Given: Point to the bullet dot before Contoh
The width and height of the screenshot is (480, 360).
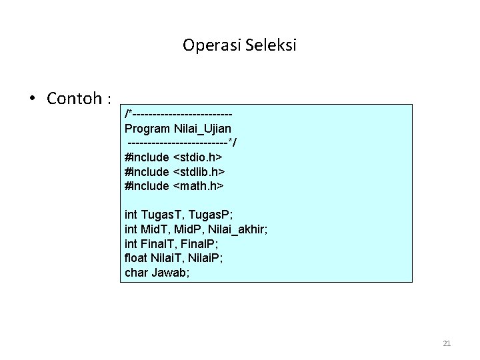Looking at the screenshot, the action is (x=32, y=99).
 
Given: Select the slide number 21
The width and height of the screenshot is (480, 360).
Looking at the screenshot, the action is (x=447, y=343).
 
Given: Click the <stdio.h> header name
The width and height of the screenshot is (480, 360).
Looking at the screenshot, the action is (x=198, y=157).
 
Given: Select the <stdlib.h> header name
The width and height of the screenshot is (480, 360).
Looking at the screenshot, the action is (x=199, y=171).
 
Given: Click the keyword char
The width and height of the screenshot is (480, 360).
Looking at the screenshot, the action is (x=136, y=273).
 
